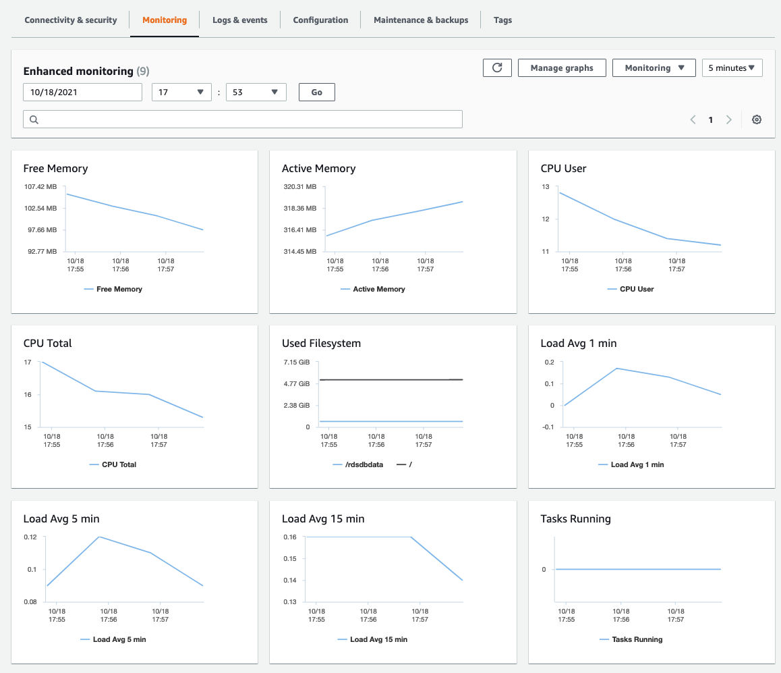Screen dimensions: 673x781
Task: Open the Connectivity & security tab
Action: [x=71, y=20]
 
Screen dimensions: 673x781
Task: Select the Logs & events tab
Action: [x=239, y=20]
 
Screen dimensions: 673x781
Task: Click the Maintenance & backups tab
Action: [x=421, y=20]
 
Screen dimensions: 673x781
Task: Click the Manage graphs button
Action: [x=562, y=68]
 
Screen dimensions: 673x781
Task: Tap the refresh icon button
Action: [x=497, y=68]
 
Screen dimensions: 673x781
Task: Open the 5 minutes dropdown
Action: [x=732, y=68]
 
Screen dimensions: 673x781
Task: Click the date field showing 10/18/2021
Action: [x=82, y=92]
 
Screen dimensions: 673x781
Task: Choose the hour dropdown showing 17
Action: [x=181, y=92]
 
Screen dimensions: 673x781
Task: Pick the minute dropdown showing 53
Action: [x=256, y=92]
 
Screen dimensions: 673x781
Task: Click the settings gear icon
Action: [x=757, y=119]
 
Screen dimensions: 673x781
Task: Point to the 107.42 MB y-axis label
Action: [x=40, y=187]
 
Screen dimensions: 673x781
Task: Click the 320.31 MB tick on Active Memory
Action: [x=299, y=187]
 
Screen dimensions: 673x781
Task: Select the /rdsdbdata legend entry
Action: [x=358, y=464]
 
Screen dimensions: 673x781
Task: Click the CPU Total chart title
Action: [x=47, y=344]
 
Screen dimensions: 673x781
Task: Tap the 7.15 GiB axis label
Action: [x=296, y=362]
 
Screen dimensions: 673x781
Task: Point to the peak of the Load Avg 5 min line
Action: [x=100, y=537]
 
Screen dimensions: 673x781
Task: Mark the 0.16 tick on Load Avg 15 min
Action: [x=289, y=537]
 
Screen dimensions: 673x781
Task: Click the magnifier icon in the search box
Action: [x=34, y=119]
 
